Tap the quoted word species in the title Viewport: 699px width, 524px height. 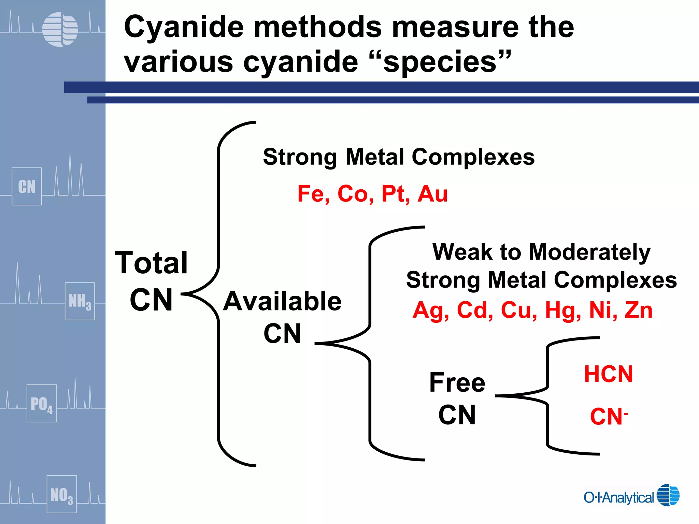[440, 62]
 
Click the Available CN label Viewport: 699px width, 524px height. [282, 317]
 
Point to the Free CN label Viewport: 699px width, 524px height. [457, 398]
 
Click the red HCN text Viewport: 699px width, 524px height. [609, 374]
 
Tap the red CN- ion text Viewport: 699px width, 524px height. [609, 417]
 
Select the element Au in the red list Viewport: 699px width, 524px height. [432, 194]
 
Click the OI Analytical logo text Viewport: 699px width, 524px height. [618, 497]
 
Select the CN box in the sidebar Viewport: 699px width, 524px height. [27, 186]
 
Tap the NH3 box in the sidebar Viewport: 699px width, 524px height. [80, 301]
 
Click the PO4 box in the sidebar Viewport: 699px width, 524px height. [42, 403]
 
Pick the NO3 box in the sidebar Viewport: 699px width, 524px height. [61, 494]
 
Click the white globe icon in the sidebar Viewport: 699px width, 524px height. [60, 29]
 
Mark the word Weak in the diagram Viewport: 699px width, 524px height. [462, 252]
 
